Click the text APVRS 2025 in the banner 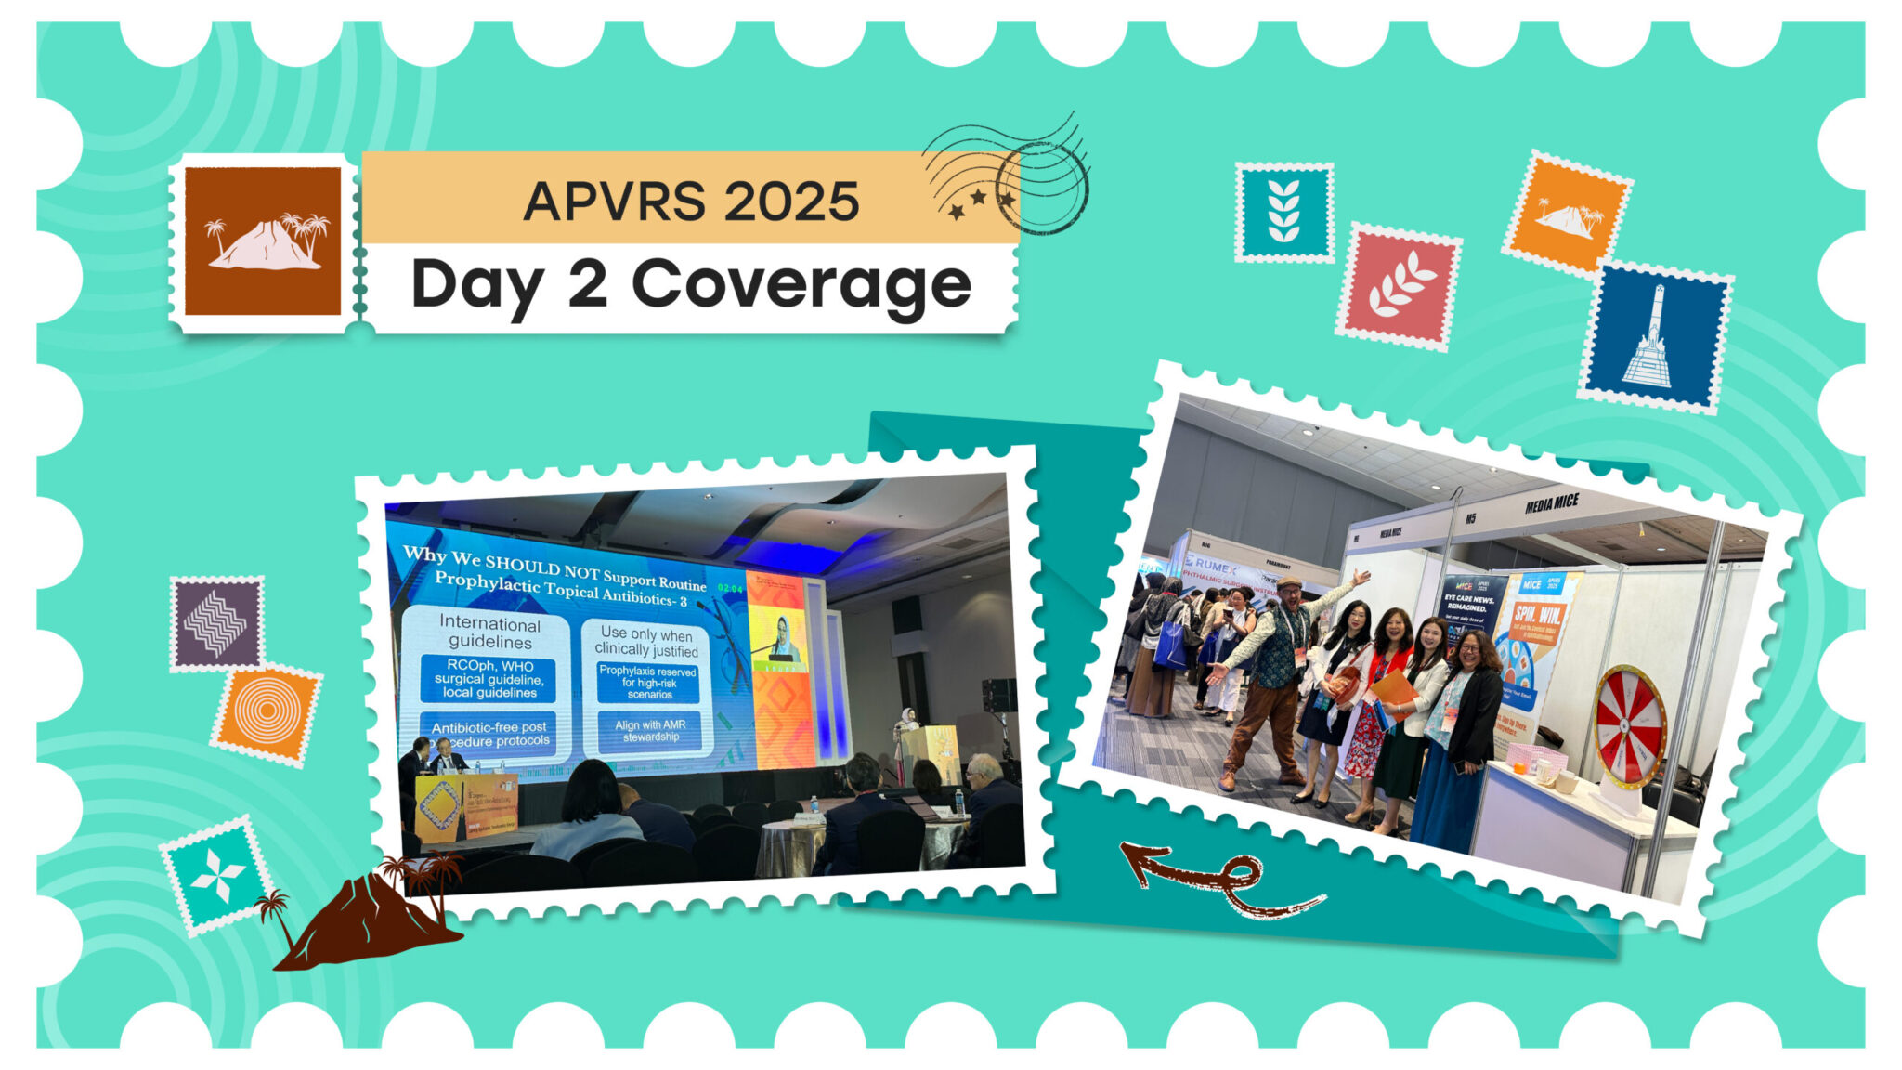[691, 201]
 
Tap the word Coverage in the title [801, 284]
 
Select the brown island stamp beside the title [263, 241]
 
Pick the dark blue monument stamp [1656, 337]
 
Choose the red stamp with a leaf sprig [1398, 287]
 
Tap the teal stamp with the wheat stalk [1284, 212]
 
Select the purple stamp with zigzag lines [216, 623]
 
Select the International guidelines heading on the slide [489, 632]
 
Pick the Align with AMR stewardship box [650, 731]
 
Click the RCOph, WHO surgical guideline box [489, 679]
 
